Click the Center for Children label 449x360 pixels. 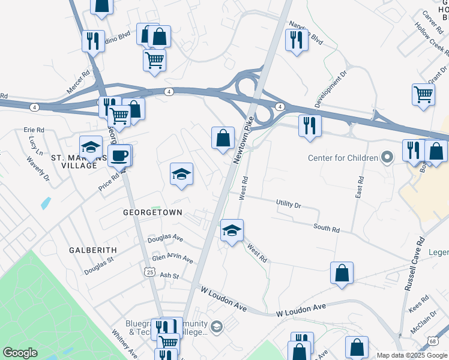point(343,158)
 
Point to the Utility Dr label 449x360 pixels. point(288,205)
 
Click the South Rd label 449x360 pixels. point(327,229)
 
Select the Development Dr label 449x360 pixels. point(331,90)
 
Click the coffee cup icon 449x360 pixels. point(119,156)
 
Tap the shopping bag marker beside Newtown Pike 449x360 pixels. point(223,138)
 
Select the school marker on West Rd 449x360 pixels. point(232,230)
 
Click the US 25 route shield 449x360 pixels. point(149,272)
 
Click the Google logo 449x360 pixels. point(20,353)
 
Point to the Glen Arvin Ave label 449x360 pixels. point(172,259)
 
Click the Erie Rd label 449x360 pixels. point(34,130)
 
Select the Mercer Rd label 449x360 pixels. point(78,82)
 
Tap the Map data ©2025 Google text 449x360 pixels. point(411,355)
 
